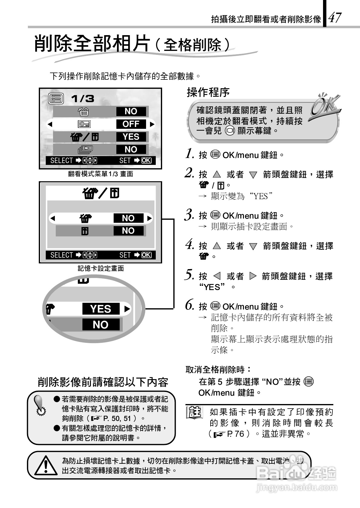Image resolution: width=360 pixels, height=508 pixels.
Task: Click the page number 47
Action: point(335,18)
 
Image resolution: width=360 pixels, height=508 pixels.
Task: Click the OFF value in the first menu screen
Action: point(131,124)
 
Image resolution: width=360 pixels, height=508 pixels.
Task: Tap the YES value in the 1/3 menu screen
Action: point(131,137)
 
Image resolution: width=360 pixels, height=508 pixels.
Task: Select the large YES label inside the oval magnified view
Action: point(101,309)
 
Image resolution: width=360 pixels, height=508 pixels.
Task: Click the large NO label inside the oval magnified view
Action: point(101,325)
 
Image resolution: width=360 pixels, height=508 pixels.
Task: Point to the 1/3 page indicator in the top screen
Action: point(82,99)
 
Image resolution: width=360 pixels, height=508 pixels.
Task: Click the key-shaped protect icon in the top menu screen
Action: point(84,124)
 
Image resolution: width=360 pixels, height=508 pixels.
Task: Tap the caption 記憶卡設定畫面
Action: point(101,268)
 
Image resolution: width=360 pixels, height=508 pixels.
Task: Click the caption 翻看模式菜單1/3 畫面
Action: point(101,174)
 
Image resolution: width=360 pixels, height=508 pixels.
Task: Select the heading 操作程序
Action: point(208,92)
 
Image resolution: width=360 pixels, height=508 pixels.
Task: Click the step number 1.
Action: point(190,154)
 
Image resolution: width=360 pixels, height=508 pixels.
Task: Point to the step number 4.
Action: point(190,245)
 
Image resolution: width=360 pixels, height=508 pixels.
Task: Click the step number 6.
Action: point(190,305)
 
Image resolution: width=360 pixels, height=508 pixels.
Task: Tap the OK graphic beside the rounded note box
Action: point(324,107)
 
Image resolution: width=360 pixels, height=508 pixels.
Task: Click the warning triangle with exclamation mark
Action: point(45,465)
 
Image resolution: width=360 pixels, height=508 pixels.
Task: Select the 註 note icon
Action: point(194,412)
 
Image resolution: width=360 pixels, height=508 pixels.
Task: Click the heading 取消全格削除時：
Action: point(218,369)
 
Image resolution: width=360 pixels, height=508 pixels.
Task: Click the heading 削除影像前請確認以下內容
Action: point(103,382)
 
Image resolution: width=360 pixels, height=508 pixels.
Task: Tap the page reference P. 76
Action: point(235,434)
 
